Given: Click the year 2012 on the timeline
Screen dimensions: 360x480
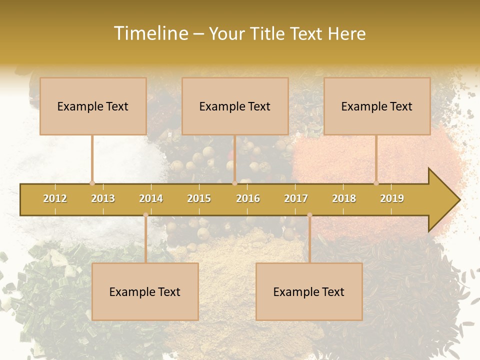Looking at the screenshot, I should click(55, 198).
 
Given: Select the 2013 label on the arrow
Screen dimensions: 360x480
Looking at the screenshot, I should click(103, 198).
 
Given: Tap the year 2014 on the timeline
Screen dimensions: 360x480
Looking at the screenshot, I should click(151, 198).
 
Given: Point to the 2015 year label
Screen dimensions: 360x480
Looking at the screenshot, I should click(199, 198).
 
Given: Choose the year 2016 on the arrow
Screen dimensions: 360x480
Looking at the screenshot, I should click(248, 198).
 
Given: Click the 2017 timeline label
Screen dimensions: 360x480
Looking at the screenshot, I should click(296, 198).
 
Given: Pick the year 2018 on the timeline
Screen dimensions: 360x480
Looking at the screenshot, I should click(344, 198).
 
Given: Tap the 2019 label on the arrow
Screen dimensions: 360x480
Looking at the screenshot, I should click(392, 198).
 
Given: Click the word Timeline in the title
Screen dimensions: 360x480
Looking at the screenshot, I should click(150, 33).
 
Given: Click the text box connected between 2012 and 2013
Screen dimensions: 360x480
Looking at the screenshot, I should click(93, 106).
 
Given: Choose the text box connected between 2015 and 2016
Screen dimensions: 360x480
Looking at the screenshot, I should click(235, 106).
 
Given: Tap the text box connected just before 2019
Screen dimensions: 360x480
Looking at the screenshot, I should click(377, 106).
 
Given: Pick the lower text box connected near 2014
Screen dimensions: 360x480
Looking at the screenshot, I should click(145, 291).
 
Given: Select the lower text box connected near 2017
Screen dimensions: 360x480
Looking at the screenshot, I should click(309, 291).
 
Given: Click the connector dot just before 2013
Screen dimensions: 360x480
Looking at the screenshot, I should click(92, 183).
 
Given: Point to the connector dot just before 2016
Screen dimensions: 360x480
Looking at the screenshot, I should click(234, 183).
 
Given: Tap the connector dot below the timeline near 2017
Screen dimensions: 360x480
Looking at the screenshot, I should click(309, 215).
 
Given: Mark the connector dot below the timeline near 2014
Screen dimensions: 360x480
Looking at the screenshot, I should click(145, 215).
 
